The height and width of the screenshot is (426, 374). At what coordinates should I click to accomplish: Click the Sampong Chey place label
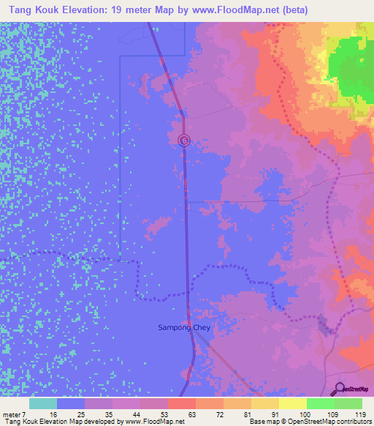[x=184, y=327]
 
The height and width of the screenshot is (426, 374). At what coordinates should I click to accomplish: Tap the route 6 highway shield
[x=184, y=140]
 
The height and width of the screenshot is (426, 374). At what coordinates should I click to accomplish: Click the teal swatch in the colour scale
[x=43, y=403]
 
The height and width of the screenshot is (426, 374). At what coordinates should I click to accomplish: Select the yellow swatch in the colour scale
[x=293, y=403]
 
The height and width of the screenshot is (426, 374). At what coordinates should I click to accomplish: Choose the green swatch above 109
[x=321, y=403]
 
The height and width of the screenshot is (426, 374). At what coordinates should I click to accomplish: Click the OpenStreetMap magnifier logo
[x=340, y=389]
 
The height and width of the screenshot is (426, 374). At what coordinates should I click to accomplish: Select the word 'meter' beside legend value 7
[x=12, y=414]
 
